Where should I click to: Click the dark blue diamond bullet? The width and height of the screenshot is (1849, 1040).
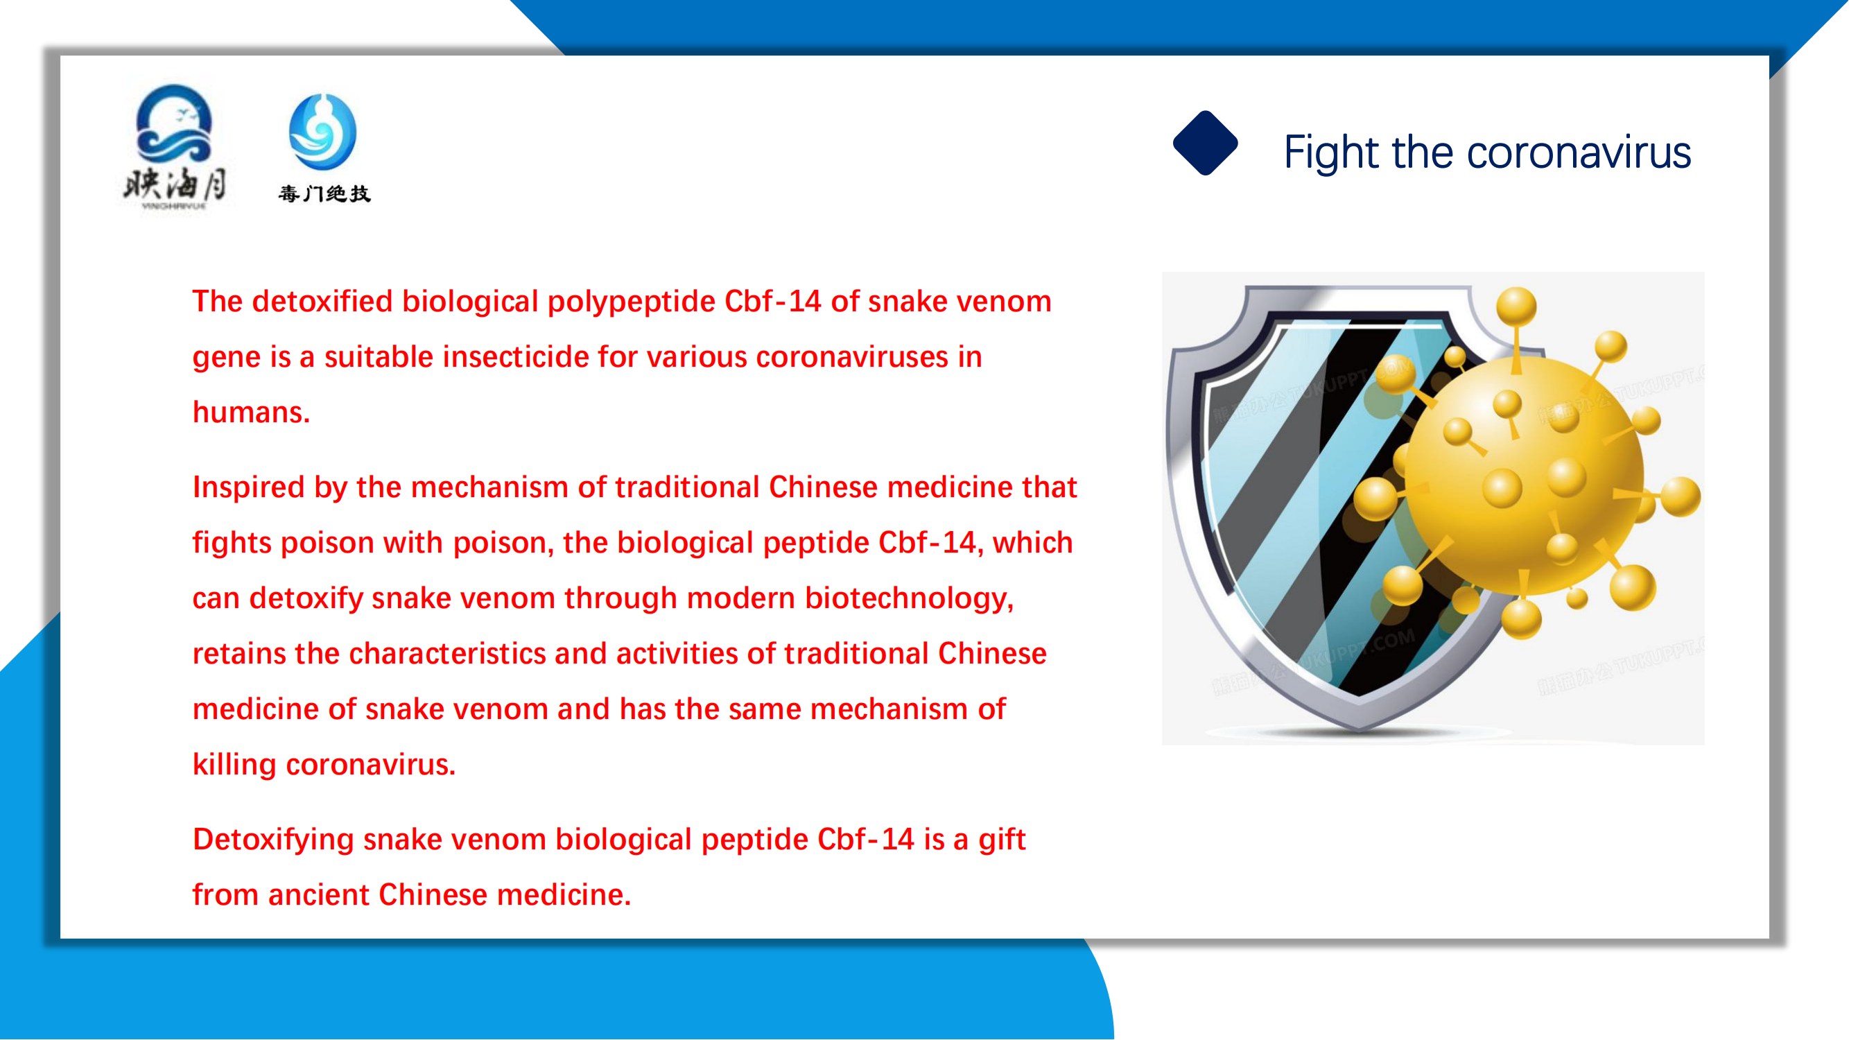1205,143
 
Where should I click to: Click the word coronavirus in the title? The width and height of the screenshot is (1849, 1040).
1579,153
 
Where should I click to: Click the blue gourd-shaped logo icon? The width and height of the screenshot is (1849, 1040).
322,132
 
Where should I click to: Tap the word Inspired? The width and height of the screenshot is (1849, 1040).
248,488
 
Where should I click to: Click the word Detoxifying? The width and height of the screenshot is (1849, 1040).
272,840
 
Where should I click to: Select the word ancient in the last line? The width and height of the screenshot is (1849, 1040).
318,895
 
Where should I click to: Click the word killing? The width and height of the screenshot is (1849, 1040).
234,764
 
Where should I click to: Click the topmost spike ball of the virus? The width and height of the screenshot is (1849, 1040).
1516,306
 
